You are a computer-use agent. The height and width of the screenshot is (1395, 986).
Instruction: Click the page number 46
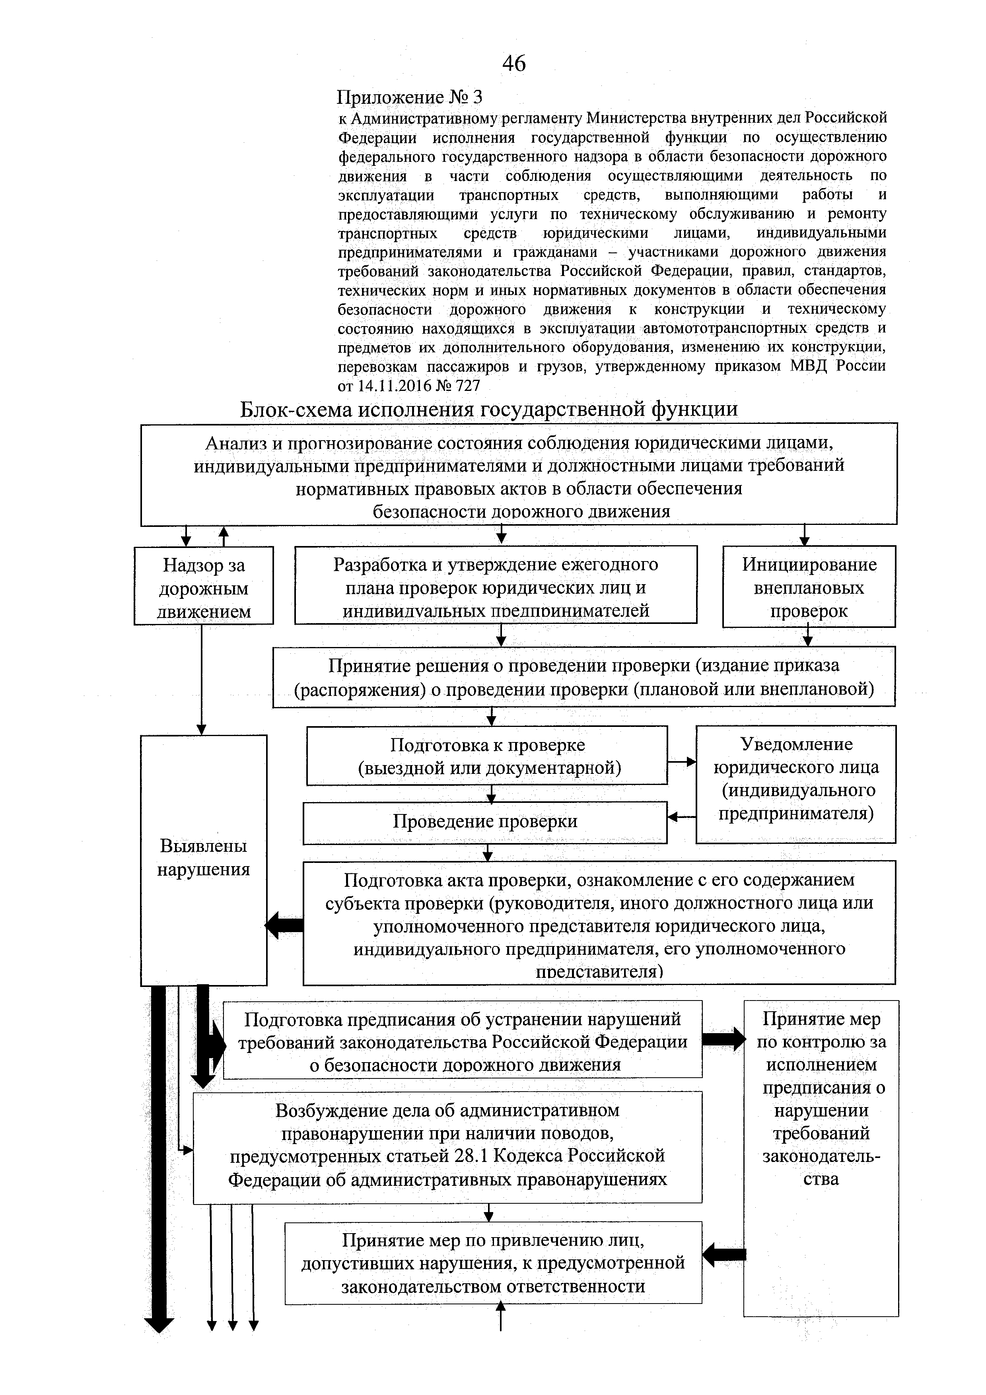514,63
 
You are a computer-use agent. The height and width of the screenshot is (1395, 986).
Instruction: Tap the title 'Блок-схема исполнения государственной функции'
489,409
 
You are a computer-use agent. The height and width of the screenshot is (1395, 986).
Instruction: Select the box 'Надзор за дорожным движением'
204,586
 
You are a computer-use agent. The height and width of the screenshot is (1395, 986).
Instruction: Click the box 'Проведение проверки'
485,822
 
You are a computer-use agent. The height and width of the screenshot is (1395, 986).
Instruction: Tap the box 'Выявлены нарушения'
204,858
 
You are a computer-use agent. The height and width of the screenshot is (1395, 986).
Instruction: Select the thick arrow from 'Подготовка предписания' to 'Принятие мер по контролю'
723,1039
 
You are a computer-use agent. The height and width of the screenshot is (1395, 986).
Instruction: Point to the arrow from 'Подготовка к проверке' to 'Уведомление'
681,761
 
